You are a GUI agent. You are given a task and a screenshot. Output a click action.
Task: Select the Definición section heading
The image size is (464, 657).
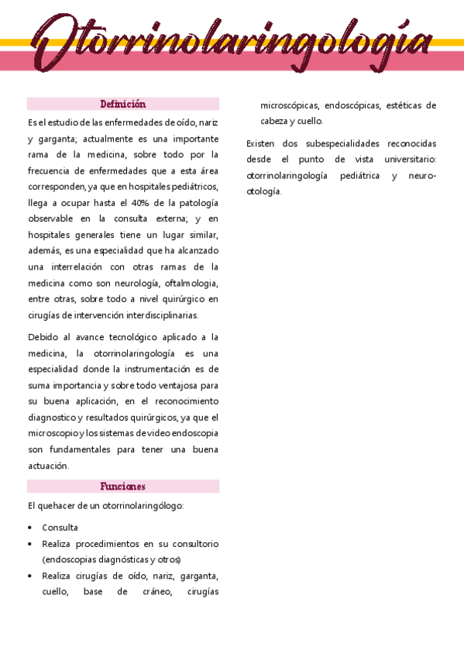[123, 104]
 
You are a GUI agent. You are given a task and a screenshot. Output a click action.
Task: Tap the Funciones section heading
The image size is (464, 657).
[123, 487]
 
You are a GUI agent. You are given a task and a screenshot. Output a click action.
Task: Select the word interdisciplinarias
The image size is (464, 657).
[163, 315]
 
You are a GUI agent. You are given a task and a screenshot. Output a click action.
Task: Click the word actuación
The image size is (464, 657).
[48, 466]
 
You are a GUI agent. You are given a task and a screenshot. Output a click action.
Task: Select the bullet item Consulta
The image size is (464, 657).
[60, 527]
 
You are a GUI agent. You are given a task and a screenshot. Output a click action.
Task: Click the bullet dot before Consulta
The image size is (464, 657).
[29, 528]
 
